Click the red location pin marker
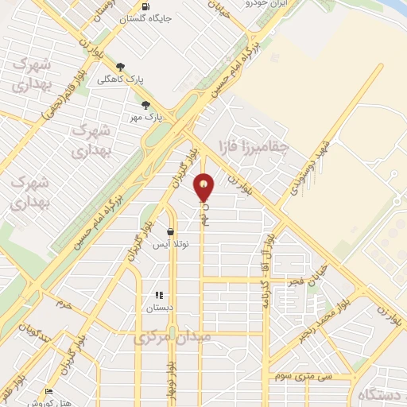pyautogui.click(x=204, y=188)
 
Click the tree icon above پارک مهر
pyautogui.click(x=145, y=104)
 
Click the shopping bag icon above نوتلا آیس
pyautogui.click(x=170, y=231)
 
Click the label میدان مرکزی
pyautogui.click(x=172, y=336)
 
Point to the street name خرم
pyautogui.click(x=64, y=304)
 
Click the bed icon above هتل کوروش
pyautogui.click(x=49, y=391)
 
